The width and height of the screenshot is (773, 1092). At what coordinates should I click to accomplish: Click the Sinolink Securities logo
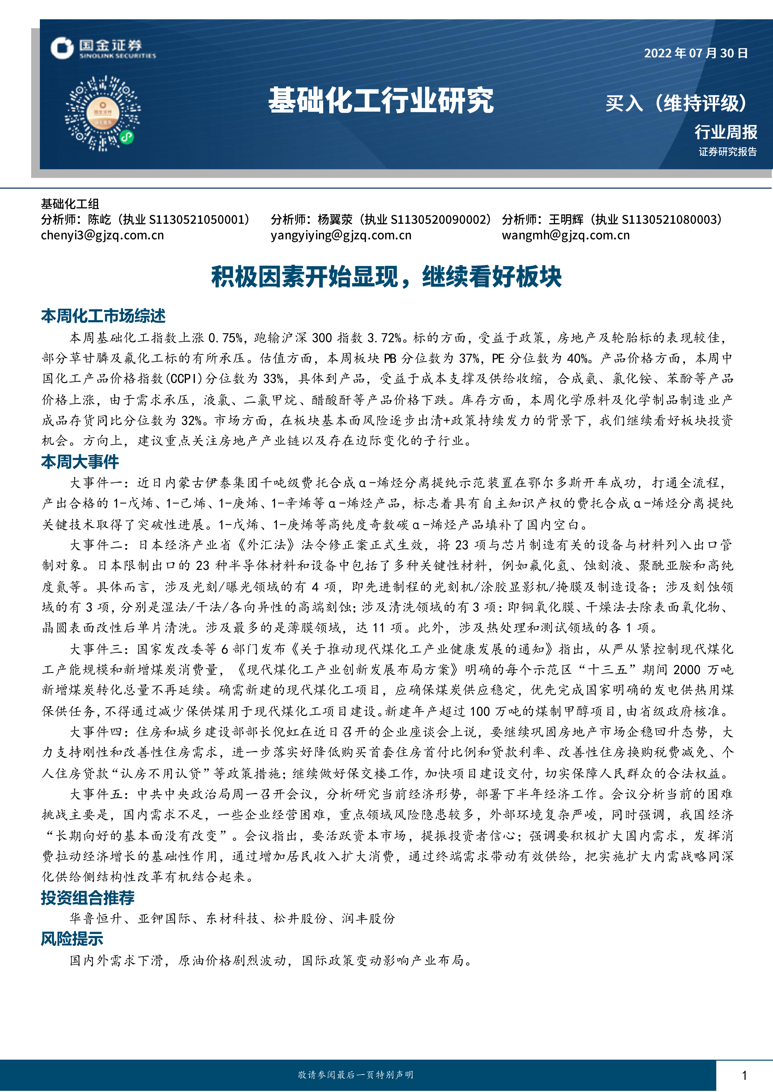(103, 49)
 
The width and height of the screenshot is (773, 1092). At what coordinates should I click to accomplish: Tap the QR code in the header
(103, 113)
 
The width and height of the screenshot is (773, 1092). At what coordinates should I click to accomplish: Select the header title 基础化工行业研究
(381, 100)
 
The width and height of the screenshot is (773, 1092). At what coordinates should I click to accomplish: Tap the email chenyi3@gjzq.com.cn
(102, 235)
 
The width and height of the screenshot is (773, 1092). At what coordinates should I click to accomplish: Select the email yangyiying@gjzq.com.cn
(341, 235)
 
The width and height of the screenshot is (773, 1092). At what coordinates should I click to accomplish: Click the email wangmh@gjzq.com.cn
(566, 235)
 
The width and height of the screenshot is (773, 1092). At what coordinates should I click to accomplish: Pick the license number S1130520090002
(440, 219)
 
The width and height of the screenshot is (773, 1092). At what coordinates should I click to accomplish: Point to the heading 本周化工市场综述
(103, 316)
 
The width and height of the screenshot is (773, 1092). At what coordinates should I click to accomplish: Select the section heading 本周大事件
(80, 461)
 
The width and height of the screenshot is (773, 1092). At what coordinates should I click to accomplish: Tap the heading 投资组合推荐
(88, 898)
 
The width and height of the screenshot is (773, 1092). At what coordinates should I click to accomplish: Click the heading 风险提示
(72, 938)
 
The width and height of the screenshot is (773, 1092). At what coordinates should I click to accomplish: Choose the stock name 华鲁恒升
(96, 918)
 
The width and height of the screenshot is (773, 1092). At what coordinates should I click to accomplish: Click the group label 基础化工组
(70, 204)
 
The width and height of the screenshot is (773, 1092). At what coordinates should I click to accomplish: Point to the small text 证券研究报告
(727, 152)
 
